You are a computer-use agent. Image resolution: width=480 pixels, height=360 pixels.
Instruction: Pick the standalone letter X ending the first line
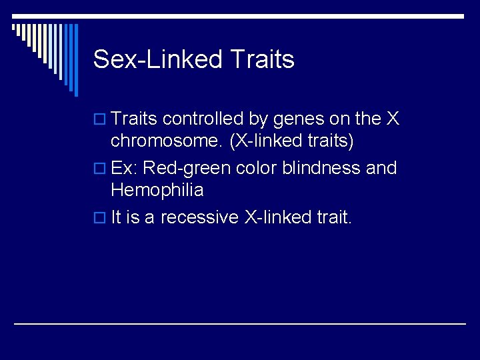[393, 119]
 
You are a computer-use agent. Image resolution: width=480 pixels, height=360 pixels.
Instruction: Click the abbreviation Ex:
[125, 168]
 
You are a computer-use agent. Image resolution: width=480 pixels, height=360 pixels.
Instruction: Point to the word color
[257, 168]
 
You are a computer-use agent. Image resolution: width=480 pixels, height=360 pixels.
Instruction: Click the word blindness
[323, 168]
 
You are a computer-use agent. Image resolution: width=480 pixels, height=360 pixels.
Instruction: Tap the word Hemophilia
[157, 191]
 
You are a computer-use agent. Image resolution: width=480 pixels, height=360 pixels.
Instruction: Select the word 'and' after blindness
[381, 168]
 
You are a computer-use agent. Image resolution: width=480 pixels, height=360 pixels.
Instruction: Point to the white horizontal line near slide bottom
[240, 323]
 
